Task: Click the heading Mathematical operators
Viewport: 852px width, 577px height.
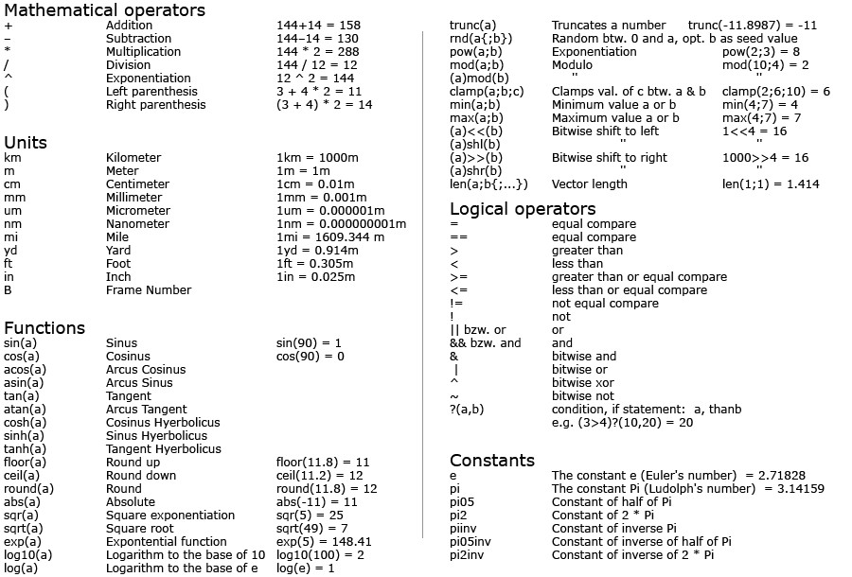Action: point(104,10)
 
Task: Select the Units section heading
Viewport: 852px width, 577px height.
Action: point(26,143)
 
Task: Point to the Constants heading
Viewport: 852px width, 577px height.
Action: point(492,461)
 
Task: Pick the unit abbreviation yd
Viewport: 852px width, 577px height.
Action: point(10,251)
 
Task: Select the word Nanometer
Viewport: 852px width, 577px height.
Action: point(137,224)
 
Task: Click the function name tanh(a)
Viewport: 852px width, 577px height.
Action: point(25,449)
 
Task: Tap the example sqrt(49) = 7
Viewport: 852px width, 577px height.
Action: point(312,529)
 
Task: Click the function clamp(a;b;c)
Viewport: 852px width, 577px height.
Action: point(486,92)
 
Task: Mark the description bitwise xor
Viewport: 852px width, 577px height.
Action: point(583,383)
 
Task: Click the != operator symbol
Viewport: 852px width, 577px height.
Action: point(456,304)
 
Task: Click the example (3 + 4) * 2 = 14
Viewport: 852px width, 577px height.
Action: point(325,105)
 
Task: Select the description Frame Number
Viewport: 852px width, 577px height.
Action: point(149,290)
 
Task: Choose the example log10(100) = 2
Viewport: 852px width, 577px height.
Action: point(320,555)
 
